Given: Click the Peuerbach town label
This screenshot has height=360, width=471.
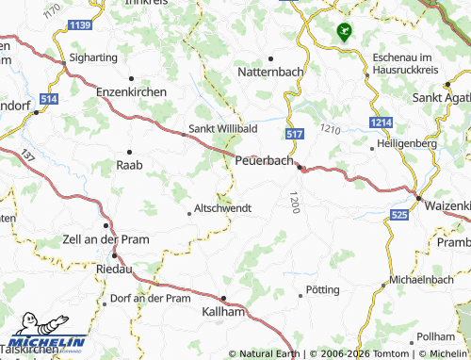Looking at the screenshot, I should click(x=264, y=161).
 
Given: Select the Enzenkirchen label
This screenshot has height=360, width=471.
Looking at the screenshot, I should click(x=132, y=92).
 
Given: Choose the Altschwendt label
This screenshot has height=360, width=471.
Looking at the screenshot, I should click(x=222, y=207).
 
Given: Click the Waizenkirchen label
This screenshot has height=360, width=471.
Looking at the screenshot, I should click(x=447, y=205).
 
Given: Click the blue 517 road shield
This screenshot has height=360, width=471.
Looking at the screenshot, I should click(x=293, y=135).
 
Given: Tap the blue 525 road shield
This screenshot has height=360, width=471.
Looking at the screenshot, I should click(x=399, y=216).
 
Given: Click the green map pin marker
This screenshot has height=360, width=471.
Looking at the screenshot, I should click(x=343, y=31).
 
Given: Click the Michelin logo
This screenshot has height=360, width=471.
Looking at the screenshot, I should click(x=46, y=342).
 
